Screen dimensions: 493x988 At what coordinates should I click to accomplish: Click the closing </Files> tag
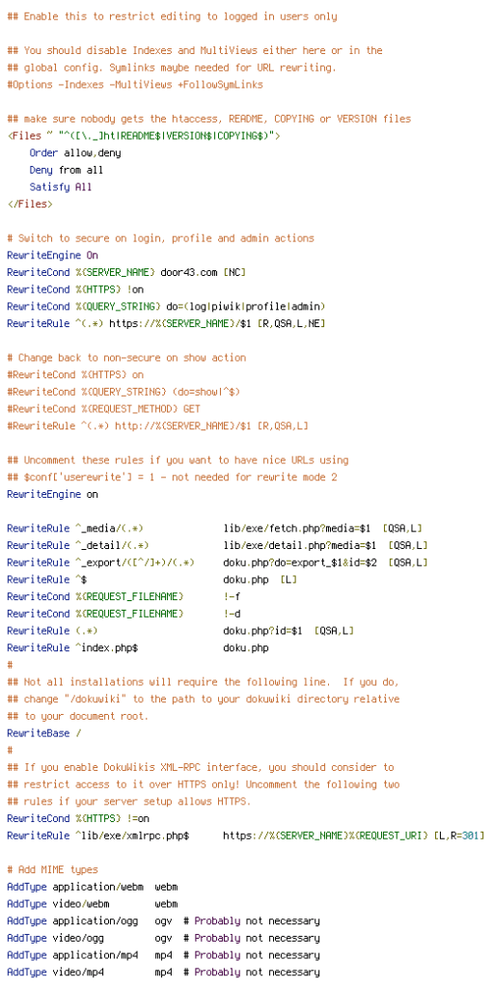click(x=30, y=205)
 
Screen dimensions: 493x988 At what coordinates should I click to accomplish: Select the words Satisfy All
click(x=61, y=187)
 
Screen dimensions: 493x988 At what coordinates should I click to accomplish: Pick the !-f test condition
click(x=232, y=596)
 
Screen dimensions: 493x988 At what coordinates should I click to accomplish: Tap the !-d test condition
click(x=232, y=613)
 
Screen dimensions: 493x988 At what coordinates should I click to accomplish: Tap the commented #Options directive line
click(x=135, y=85)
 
